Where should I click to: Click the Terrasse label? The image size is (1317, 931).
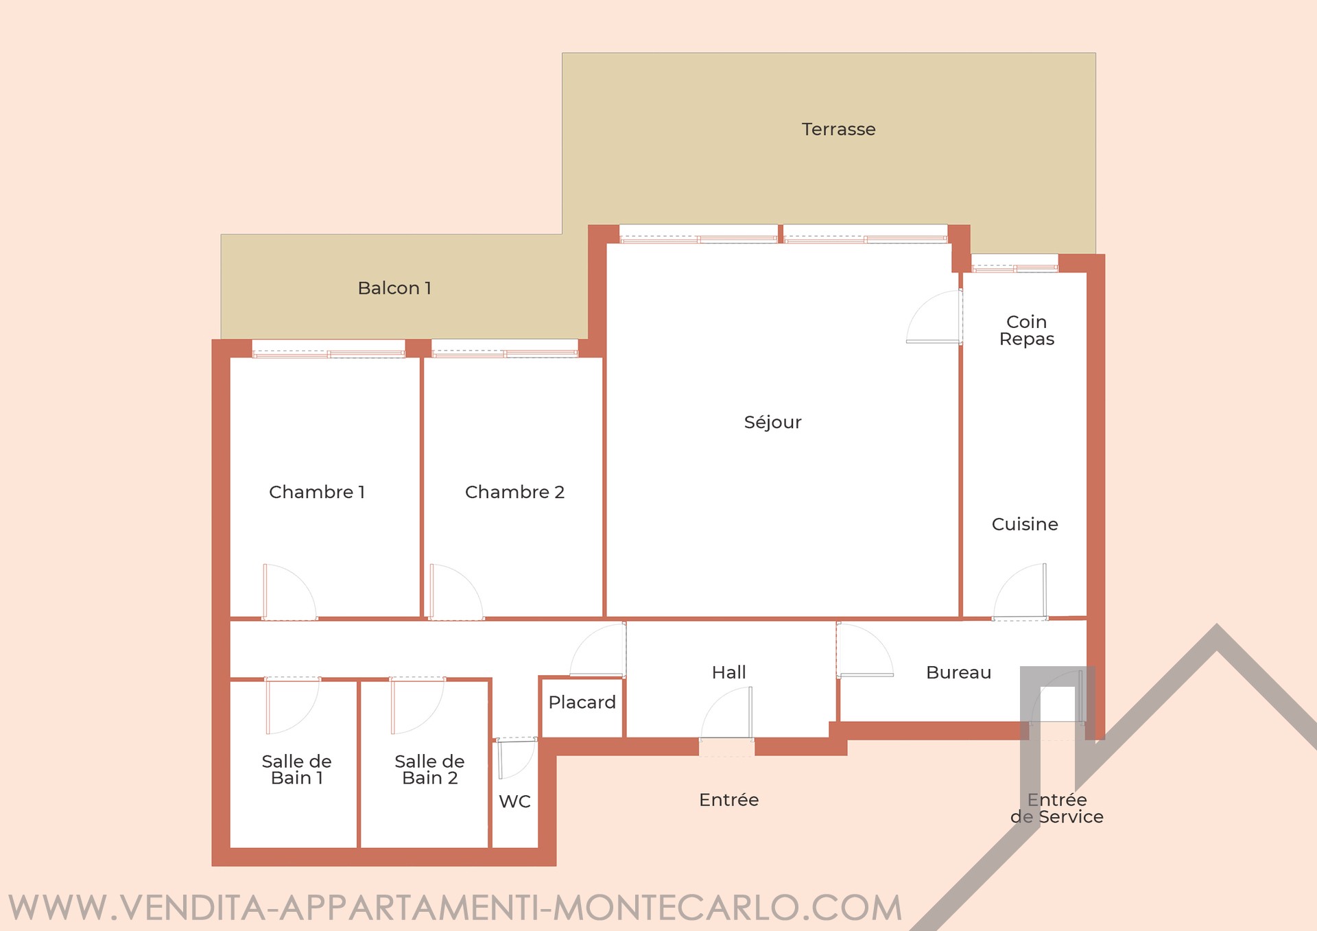point(838,129)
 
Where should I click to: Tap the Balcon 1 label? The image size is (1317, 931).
point(394,288)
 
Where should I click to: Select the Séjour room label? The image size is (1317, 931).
point(772,422)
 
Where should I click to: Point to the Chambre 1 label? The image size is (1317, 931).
point(317,492)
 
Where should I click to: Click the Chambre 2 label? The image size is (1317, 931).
point(514,492)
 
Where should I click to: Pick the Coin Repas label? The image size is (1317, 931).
point(1027,331)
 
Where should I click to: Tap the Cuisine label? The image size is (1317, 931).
point(1025,524)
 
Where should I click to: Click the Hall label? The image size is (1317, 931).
point(728,672)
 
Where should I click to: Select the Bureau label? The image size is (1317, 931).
point(958,672)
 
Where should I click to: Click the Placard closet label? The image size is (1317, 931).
point(582,703)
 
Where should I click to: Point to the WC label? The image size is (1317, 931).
point(514,801)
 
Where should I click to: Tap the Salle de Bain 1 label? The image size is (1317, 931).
point(296,770)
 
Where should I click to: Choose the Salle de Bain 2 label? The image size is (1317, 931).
point(429,770)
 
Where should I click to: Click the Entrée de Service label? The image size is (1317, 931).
point(1057,808)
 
